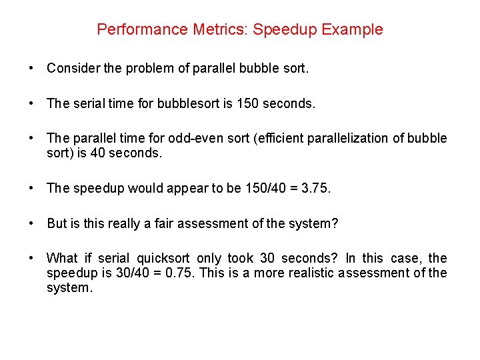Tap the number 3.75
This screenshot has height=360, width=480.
[x=315, y=189]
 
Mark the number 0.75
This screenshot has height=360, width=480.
[x=166, y=273]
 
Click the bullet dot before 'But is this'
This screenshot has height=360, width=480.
[x=31, y=223]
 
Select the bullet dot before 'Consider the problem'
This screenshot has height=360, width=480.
[x=31, y=69]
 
